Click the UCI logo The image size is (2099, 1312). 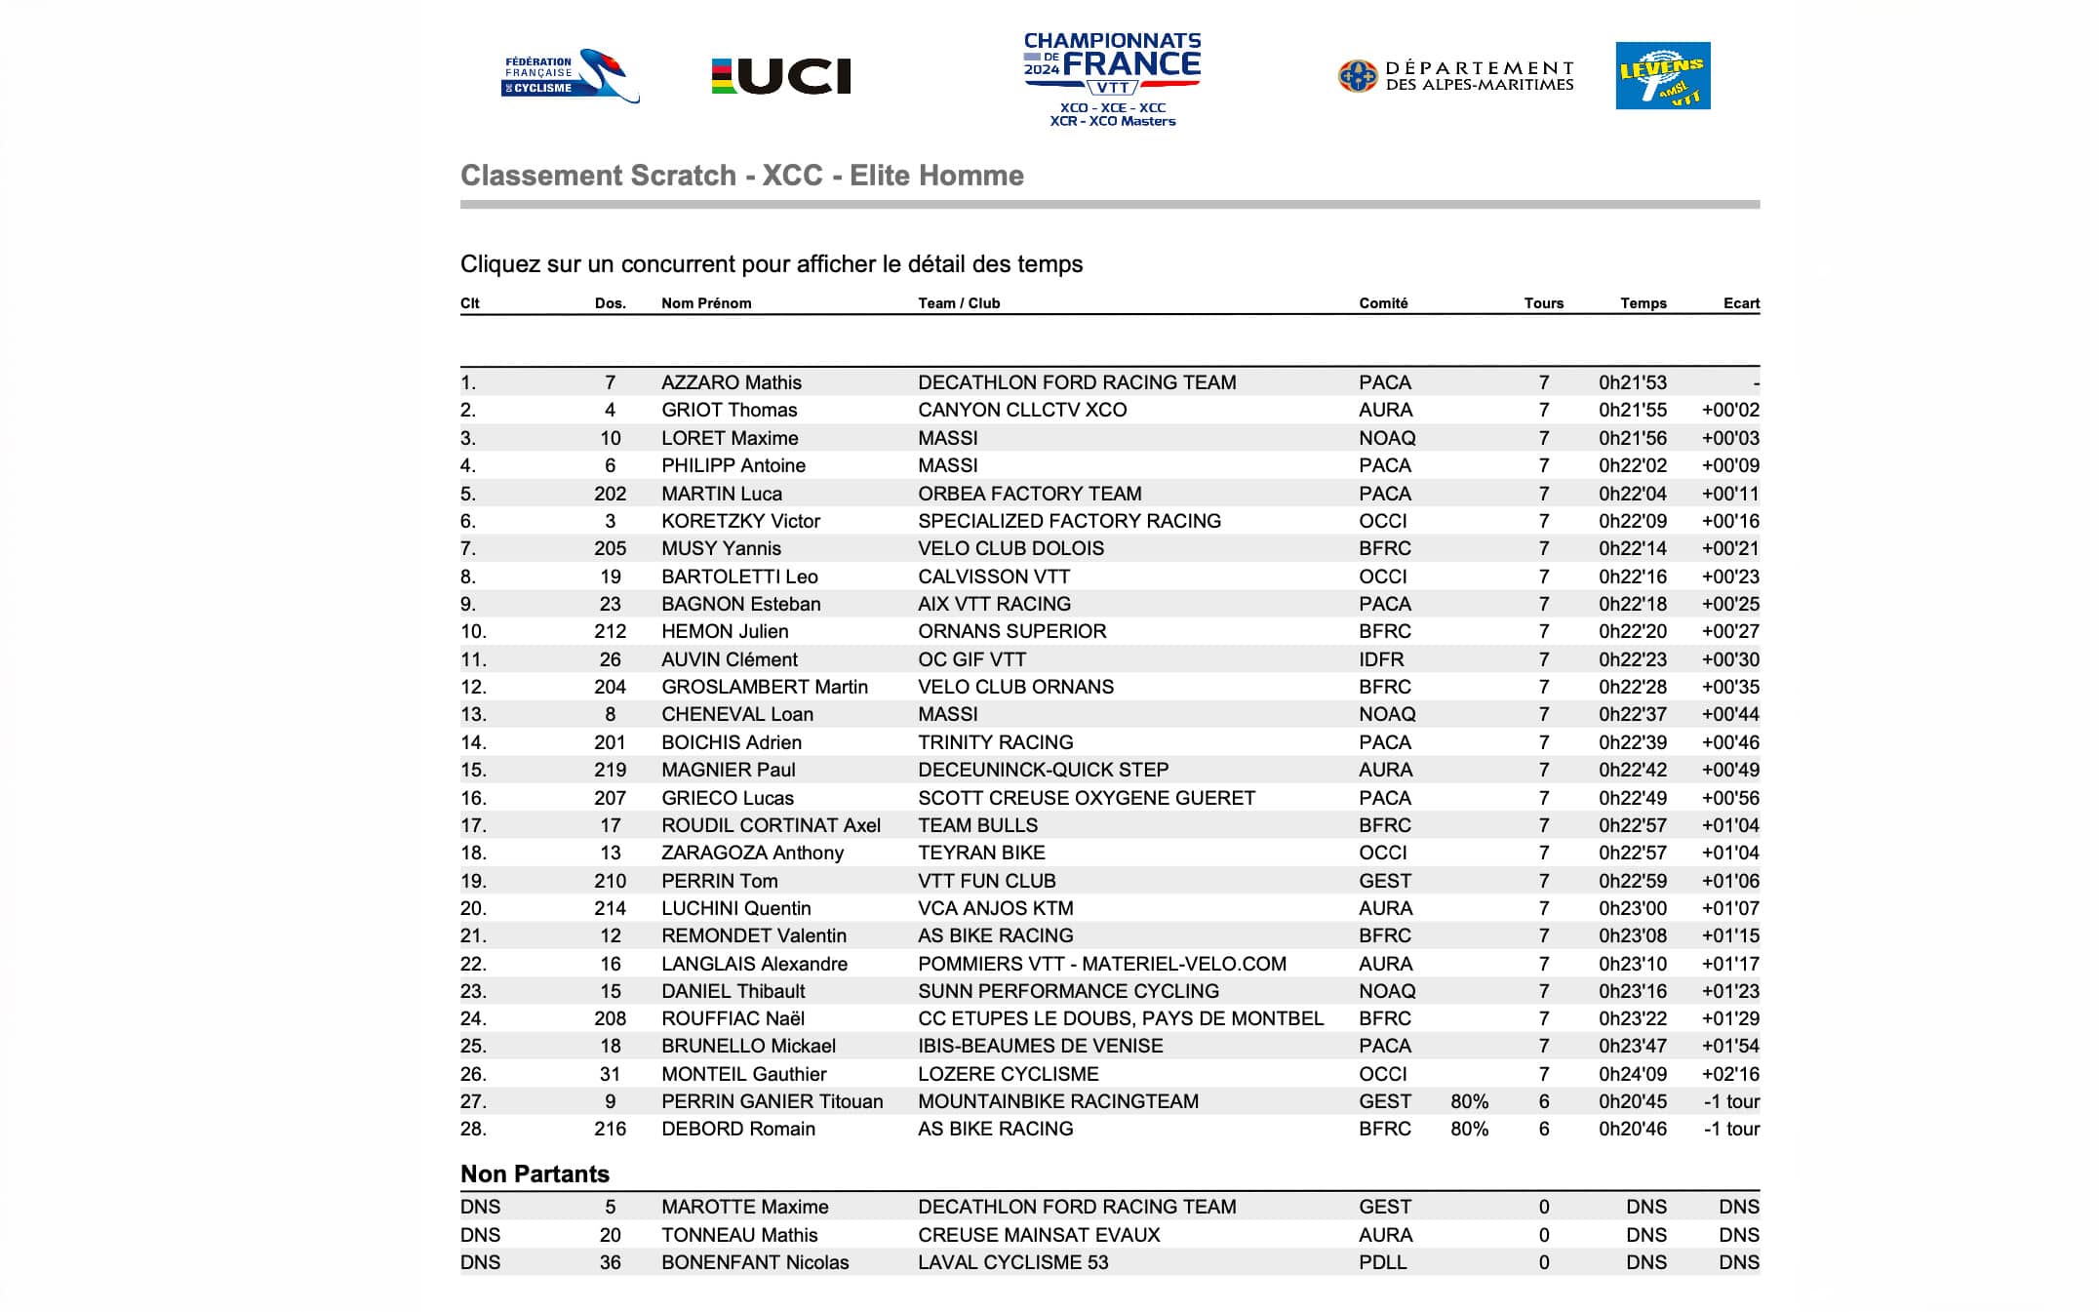click(x=781, y=76)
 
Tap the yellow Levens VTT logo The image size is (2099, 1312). click(x=1662, y=75)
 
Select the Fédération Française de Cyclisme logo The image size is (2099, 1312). click(x=569, y=76)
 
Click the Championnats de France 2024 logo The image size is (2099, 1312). click(x=1112, y=78)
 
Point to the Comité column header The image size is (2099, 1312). click(x=1383, y=303)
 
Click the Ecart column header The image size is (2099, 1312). click(x=1740, y=303)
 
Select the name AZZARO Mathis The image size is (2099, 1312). click(x=731, y=382)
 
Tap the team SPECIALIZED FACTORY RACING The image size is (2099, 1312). click(x=1069, y=521)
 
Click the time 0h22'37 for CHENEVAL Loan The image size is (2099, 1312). click(x=1632, y=714)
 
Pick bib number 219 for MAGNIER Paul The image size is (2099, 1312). click(x=610, y=770)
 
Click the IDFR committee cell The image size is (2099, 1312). click(x=1381, y=659)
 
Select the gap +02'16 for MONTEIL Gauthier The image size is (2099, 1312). click(x=1730, y=1074)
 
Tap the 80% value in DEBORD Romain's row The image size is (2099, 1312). click(x=1469, y=1129)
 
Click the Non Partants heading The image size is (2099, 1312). click(x=535, y=1173)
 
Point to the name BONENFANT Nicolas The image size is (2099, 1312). click(x=755, y=1262)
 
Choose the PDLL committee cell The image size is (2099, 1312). click(x=1382, y=1262)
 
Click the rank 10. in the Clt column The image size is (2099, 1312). click(x=473, y=631)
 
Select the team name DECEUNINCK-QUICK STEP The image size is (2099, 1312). click(x=1043, y=770)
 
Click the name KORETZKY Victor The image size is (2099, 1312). click(x=740, y=521)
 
